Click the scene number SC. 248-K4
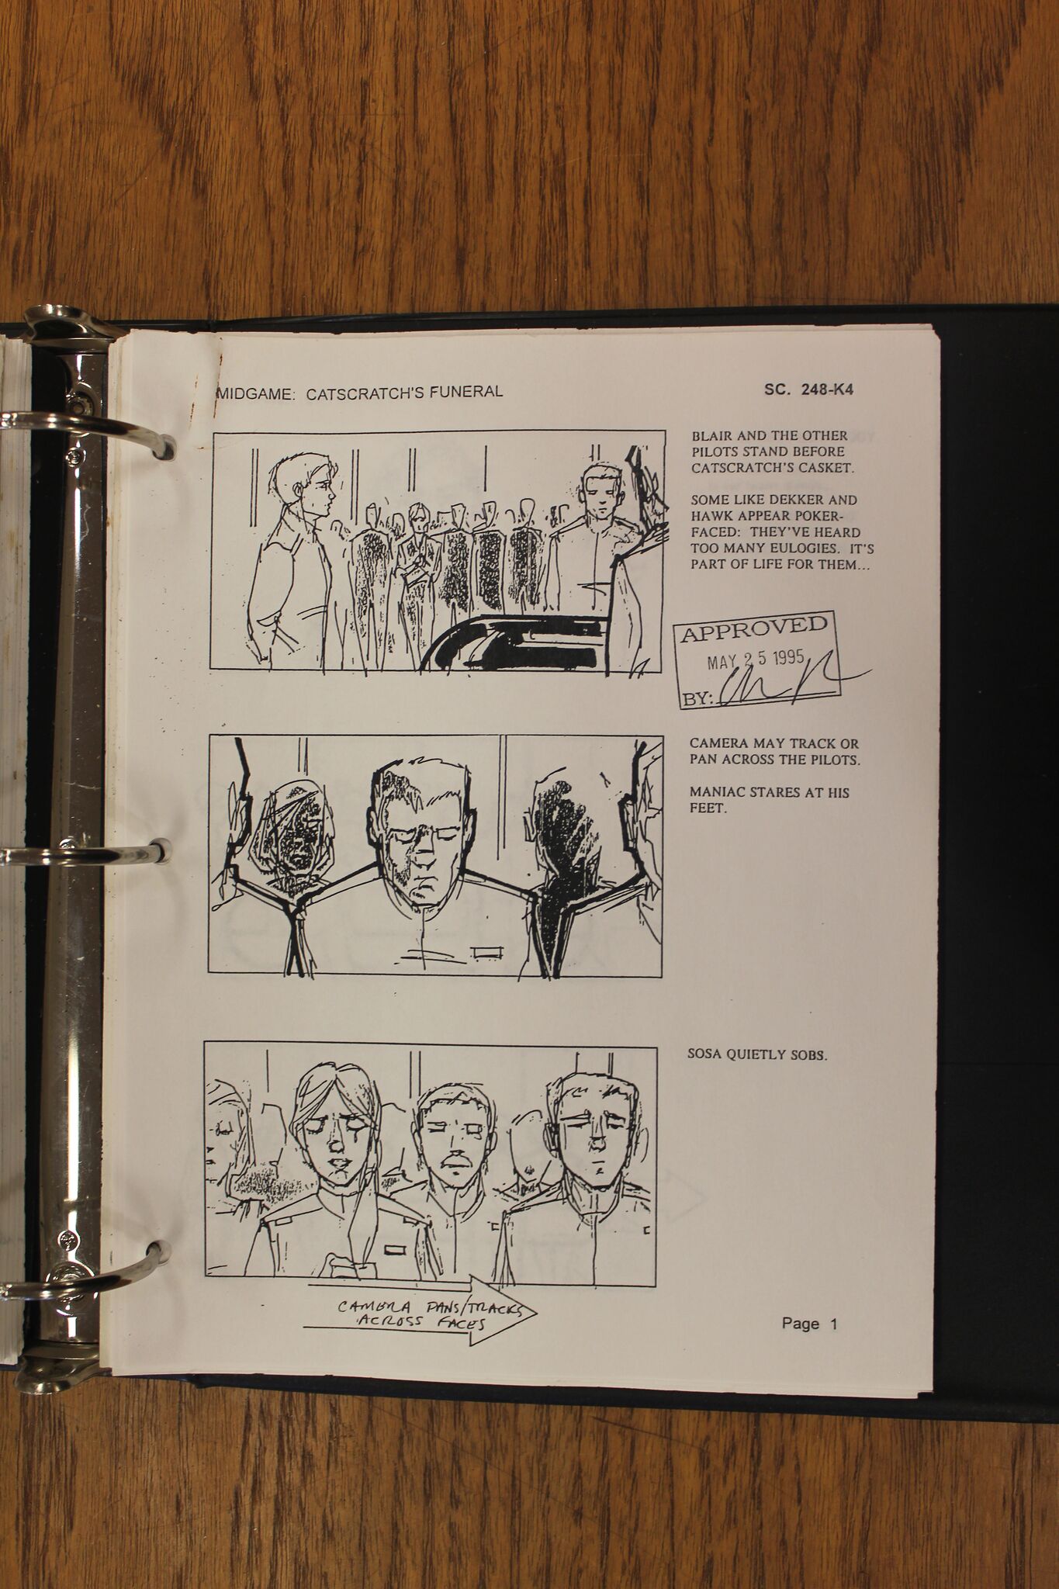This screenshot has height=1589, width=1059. tap(808, 389)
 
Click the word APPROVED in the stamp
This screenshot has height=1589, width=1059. tap(754, 629)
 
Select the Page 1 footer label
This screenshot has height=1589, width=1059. tap(810, 1324)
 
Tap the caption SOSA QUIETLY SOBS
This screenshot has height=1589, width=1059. tap(757, 1055)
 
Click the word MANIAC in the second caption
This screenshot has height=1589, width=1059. tap(717, 792)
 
